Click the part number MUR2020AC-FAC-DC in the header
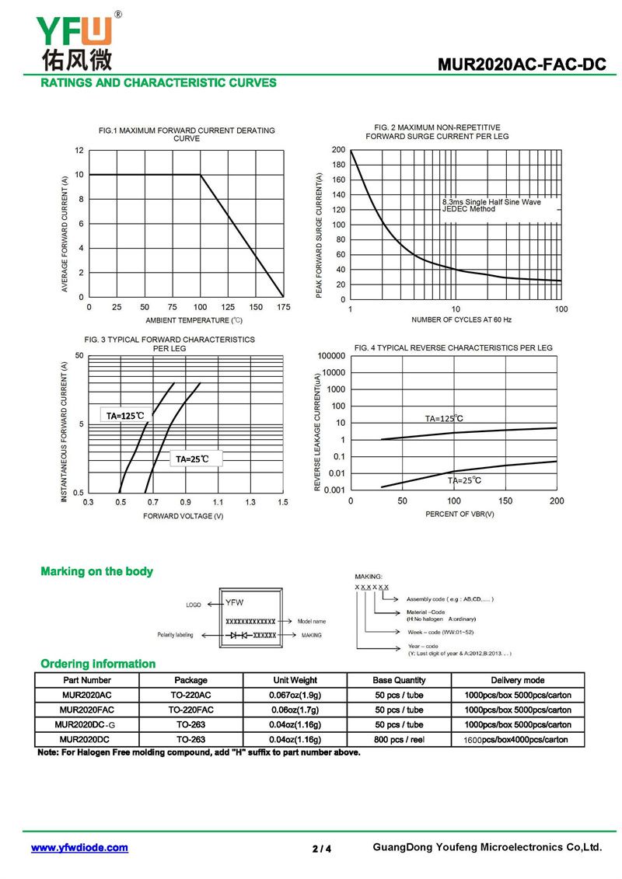pyautogui.click(x=522, y=65)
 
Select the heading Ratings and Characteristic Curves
pyautogui.click(x=159, y=83)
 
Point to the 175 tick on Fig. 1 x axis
pyautogui.click(x=283, y=307)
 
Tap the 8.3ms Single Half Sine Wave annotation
pyautogui.click(x=491, y=202)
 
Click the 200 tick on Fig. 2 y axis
pyautogui.click(x=339, y=150)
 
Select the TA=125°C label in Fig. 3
pyautogui.click(x=126, y=415)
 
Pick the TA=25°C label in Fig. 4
pyautogui.click(x=464, y=480)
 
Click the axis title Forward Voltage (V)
pyautogui.click(x=183, y=516)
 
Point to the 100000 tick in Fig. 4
pyautogui.click(x=331, y=356)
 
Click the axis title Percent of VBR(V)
pyautogui.click(x=460, y=514)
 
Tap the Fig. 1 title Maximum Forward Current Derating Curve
pyautogui.click(x=187, y=134)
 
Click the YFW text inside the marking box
pyautogui.click(x=235, y=602)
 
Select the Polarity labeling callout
pyautogui.click(x=175, y=635)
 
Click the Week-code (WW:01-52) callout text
pyautogui.click(x=441, y=633)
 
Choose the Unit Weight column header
pyautogui.click(x=295, y=680)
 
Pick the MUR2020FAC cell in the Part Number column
pyautogui.click(x=87, y=710)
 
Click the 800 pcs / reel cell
pyautogui.click(x=400, y=739)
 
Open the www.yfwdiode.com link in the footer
pyautogui.click(x=79, y=848)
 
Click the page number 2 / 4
pyautogui.click(x=322, y=849)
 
